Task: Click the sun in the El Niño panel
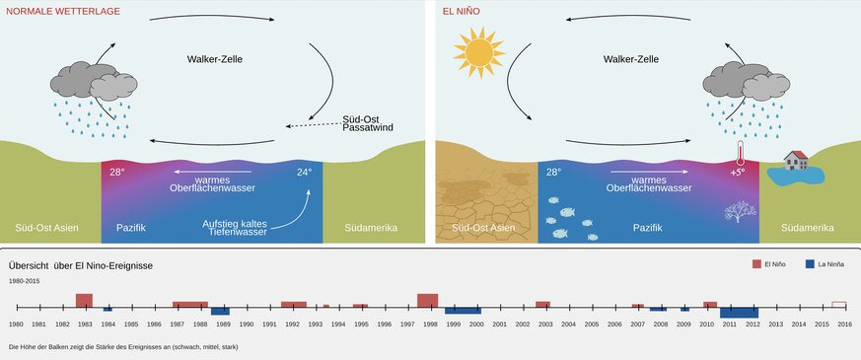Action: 478,52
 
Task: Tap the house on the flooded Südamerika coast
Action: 796,160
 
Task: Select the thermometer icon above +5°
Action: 741,152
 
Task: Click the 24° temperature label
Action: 304,172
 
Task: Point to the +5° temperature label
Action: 737,172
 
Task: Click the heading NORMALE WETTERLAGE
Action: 63,11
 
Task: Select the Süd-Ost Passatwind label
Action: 368,123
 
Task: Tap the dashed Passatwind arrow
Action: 313,124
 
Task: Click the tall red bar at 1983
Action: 84,301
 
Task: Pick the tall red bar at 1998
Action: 428,301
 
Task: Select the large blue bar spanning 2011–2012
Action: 739,313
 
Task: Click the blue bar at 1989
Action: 220,311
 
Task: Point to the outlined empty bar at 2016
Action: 839,305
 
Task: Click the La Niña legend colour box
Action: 810,264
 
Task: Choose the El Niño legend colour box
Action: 756,264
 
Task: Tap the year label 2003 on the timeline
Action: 545,324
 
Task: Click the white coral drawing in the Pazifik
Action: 740,211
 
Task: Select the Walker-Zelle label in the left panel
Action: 215,59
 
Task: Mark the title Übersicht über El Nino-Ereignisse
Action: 81,265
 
